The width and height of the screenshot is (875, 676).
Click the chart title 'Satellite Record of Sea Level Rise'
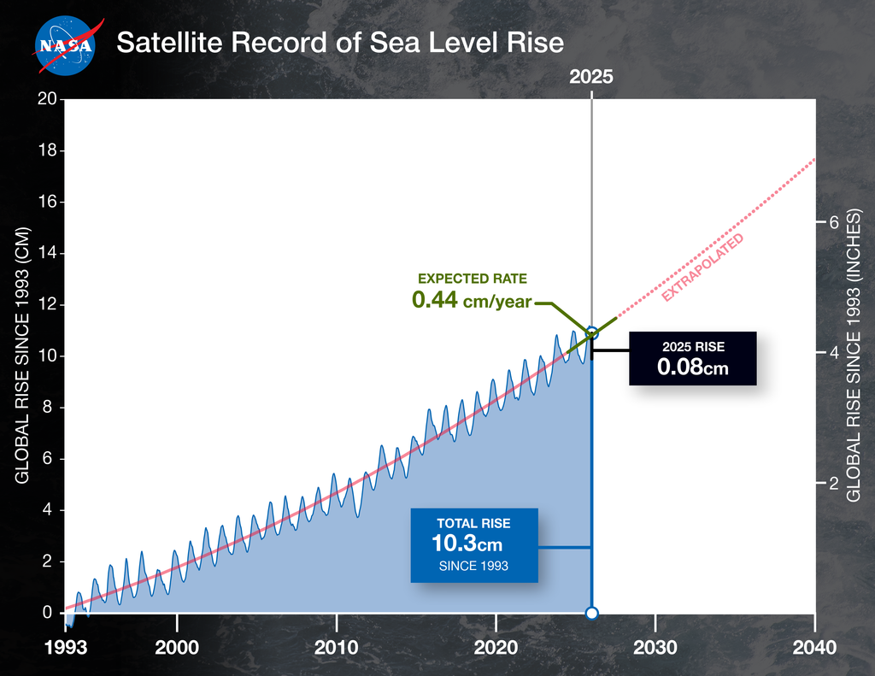(x=340, y=43)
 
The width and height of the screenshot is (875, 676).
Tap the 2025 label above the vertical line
(x=591, y=76)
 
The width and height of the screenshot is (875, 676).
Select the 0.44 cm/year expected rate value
(x=472, y=300)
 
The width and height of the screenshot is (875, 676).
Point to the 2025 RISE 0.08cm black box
(x=693, y=358)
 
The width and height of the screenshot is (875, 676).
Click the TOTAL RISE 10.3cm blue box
(x=474, y=545)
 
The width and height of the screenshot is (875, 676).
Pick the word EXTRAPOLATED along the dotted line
(x=703, y=267)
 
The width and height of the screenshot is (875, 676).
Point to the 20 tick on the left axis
(x=48, y=99)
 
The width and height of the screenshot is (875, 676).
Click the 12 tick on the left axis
(x=48, y=305)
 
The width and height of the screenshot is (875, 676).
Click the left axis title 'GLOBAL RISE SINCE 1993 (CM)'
(x=23, y=355)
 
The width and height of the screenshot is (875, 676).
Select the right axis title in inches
(x=853, y=355)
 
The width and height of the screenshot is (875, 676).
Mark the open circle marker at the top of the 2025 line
(x=591, y=332)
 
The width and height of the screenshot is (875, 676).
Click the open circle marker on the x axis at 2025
(x=591, y=613)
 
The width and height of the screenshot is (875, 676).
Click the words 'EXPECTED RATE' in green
(x=472, y=279)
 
